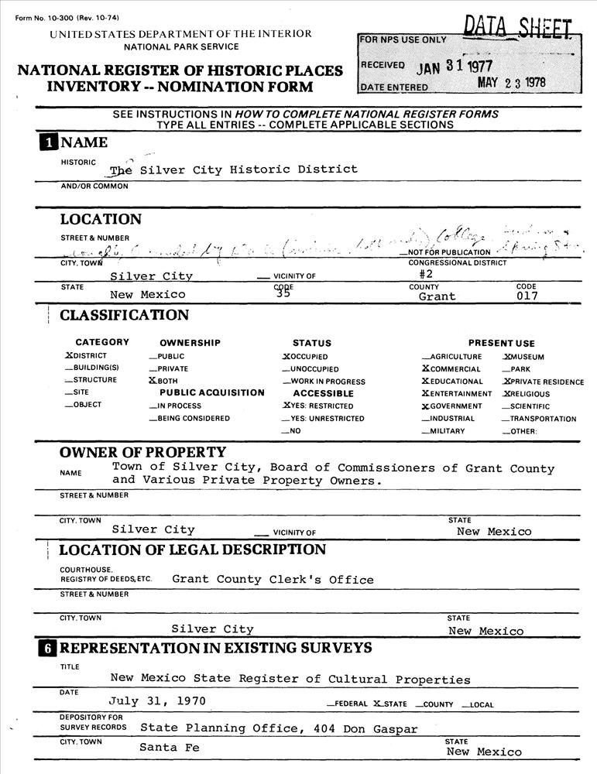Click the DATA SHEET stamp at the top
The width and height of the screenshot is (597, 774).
pos(519,27)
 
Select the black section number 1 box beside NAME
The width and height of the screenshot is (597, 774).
pos(49,142)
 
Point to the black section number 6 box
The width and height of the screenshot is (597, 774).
pos(49,648)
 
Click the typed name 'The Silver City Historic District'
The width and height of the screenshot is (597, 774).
pos(233,170)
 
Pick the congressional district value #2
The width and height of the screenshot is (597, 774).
pos(426,273)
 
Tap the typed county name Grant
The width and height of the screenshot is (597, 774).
pos(437,296)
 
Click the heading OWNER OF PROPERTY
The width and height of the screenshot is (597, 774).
pos(142,452)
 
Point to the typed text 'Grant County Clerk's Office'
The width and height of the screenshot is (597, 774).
pos(273,580)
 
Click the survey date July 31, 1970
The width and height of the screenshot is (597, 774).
pos(157,701)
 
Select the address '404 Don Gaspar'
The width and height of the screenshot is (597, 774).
pos(365,728)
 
